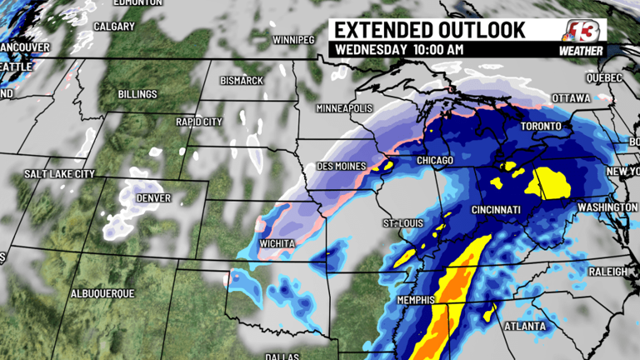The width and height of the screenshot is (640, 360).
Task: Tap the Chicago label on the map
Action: [433, 159]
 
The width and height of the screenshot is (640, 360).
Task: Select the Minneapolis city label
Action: [343, 109]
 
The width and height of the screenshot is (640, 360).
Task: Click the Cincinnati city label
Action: [495, 209]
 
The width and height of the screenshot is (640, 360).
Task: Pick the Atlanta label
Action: [525, 326]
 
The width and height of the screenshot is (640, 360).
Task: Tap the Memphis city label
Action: [415, 299]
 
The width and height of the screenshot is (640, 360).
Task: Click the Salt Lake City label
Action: [59, 173]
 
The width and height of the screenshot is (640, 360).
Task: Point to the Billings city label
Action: [137, 94]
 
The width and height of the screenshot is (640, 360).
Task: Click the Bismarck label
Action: [242, 80]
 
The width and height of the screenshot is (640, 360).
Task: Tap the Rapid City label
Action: [199, 122]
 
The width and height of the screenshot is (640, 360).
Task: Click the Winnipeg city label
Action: [293, 40]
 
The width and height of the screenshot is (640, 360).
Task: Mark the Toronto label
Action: [542, 127]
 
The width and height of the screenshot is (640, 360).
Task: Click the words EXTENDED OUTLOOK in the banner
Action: [430, 30]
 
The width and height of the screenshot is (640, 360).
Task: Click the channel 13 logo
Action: [582, 32]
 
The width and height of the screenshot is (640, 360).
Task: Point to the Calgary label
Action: [114, 26]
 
